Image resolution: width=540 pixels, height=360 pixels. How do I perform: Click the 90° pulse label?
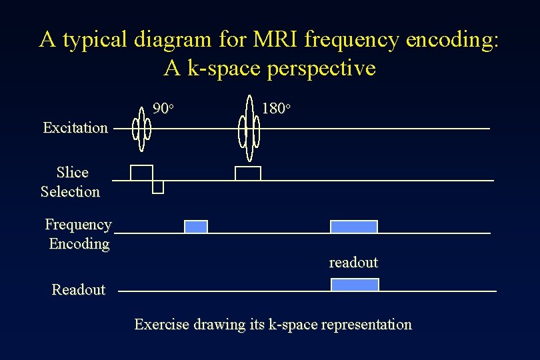coord(163,108)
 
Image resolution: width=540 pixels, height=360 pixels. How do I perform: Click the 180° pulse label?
coord(275,108)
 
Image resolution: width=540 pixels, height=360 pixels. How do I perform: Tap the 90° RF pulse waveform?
coord(141,128)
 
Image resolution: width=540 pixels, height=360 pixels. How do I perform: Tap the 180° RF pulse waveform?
coord(250,128)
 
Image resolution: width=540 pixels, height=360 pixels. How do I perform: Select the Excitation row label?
coord(75,127)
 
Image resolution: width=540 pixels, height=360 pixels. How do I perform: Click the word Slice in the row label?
coord(72,173)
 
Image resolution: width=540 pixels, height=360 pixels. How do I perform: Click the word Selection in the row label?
coord(70,192)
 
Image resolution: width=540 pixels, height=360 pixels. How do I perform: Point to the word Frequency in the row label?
coord(78,225)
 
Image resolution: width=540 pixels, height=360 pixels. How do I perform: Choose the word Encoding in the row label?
coord(79,244)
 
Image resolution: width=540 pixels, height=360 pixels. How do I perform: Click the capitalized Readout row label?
coord(79,289)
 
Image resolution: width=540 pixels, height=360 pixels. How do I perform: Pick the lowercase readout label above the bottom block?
coord(353,263)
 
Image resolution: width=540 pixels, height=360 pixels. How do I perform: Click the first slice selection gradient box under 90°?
coord(141,173)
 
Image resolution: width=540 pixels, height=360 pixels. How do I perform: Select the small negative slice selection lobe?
coord(158,187)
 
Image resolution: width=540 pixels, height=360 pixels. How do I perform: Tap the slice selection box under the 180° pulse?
coord(247,173)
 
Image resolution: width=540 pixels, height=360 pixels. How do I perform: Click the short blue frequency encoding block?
coord(196,227)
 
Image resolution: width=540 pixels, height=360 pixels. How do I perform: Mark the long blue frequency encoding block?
coord(354,227)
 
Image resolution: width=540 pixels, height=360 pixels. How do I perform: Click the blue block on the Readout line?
coord(355,285)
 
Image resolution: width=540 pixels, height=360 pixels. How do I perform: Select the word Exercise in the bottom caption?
coord(162,325)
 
